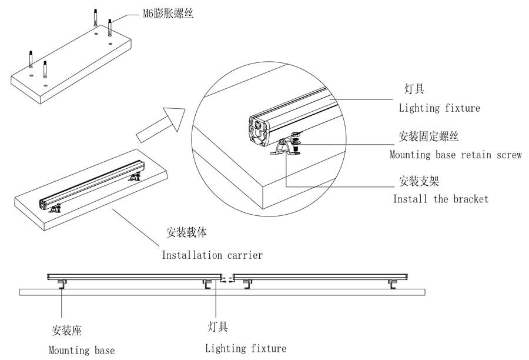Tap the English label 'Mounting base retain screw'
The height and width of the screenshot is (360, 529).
pyautogui.click(x=455, y=155)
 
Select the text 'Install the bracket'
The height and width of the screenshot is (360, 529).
pyautogui.click(x=440, y=199)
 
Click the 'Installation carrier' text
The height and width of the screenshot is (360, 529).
pyautogui.click(x=212, y=255)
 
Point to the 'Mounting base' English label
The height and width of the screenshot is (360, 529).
pyautogui.click(x=82, y=351)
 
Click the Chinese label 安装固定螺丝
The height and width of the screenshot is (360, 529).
pyautogui.click(x=428, y=137)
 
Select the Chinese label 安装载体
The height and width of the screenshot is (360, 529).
pyautogui.click(x=187, y=232)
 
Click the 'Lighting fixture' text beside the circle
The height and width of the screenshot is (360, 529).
pyautogui.click(x=439, y=108)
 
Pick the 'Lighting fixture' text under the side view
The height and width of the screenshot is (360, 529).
pyautogui.click(x=246, y=348)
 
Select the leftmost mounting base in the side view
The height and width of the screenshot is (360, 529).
pyautogui.click(x=61, y=285)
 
